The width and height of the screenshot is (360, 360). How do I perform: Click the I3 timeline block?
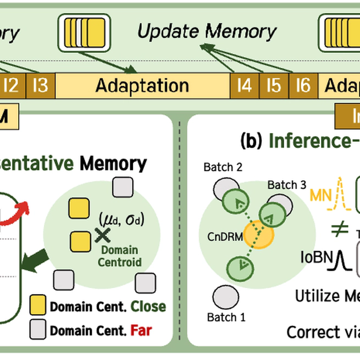tap(40, 86)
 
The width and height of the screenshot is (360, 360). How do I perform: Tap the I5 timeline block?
tap(273, 86)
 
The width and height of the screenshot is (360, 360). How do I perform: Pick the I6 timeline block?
tap(303, 86)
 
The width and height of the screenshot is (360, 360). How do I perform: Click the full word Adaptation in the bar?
tap(142, 86)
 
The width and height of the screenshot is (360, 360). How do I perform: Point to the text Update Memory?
tap(207, 31)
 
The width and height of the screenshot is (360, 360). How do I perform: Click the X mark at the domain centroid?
tap(100, 235)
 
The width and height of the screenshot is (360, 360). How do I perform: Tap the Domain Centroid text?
tap(119, 256)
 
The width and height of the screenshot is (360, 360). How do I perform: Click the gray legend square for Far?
tap(37, 330)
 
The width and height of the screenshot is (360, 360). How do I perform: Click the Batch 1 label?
tap(226, 317)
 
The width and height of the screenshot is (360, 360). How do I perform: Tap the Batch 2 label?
tap(222, 166)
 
